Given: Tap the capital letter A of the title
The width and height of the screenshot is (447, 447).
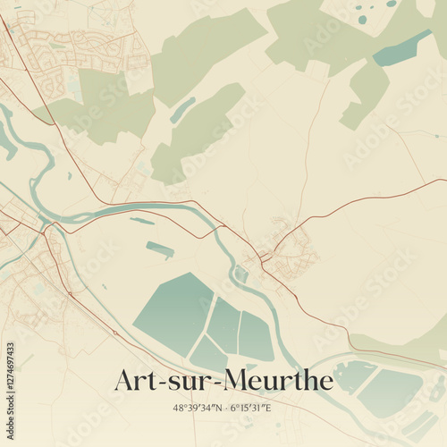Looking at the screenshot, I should tap(125, 381).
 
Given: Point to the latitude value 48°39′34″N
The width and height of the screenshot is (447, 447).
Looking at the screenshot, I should tap(201, 409).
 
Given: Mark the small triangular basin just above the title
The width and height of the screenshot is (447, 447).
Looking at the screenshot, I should tap(207, 355).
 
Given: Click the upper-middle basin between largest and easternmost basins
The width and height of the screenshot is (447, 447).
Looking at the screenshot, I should tap(224, 325).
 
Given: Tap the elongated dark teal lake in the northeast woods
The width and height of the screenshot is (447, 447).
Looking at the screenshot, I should tap(401, 48).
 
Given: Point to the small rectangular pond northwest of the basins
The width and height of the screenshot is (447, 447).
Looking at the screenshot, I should tap(160, 249).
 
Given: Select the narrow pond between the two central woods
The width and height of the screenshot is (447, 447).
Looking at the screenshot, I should tap(182, 110).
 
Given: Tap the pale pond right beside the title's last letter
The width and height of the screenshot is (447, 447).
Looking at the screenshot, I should tap(353, 376).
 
